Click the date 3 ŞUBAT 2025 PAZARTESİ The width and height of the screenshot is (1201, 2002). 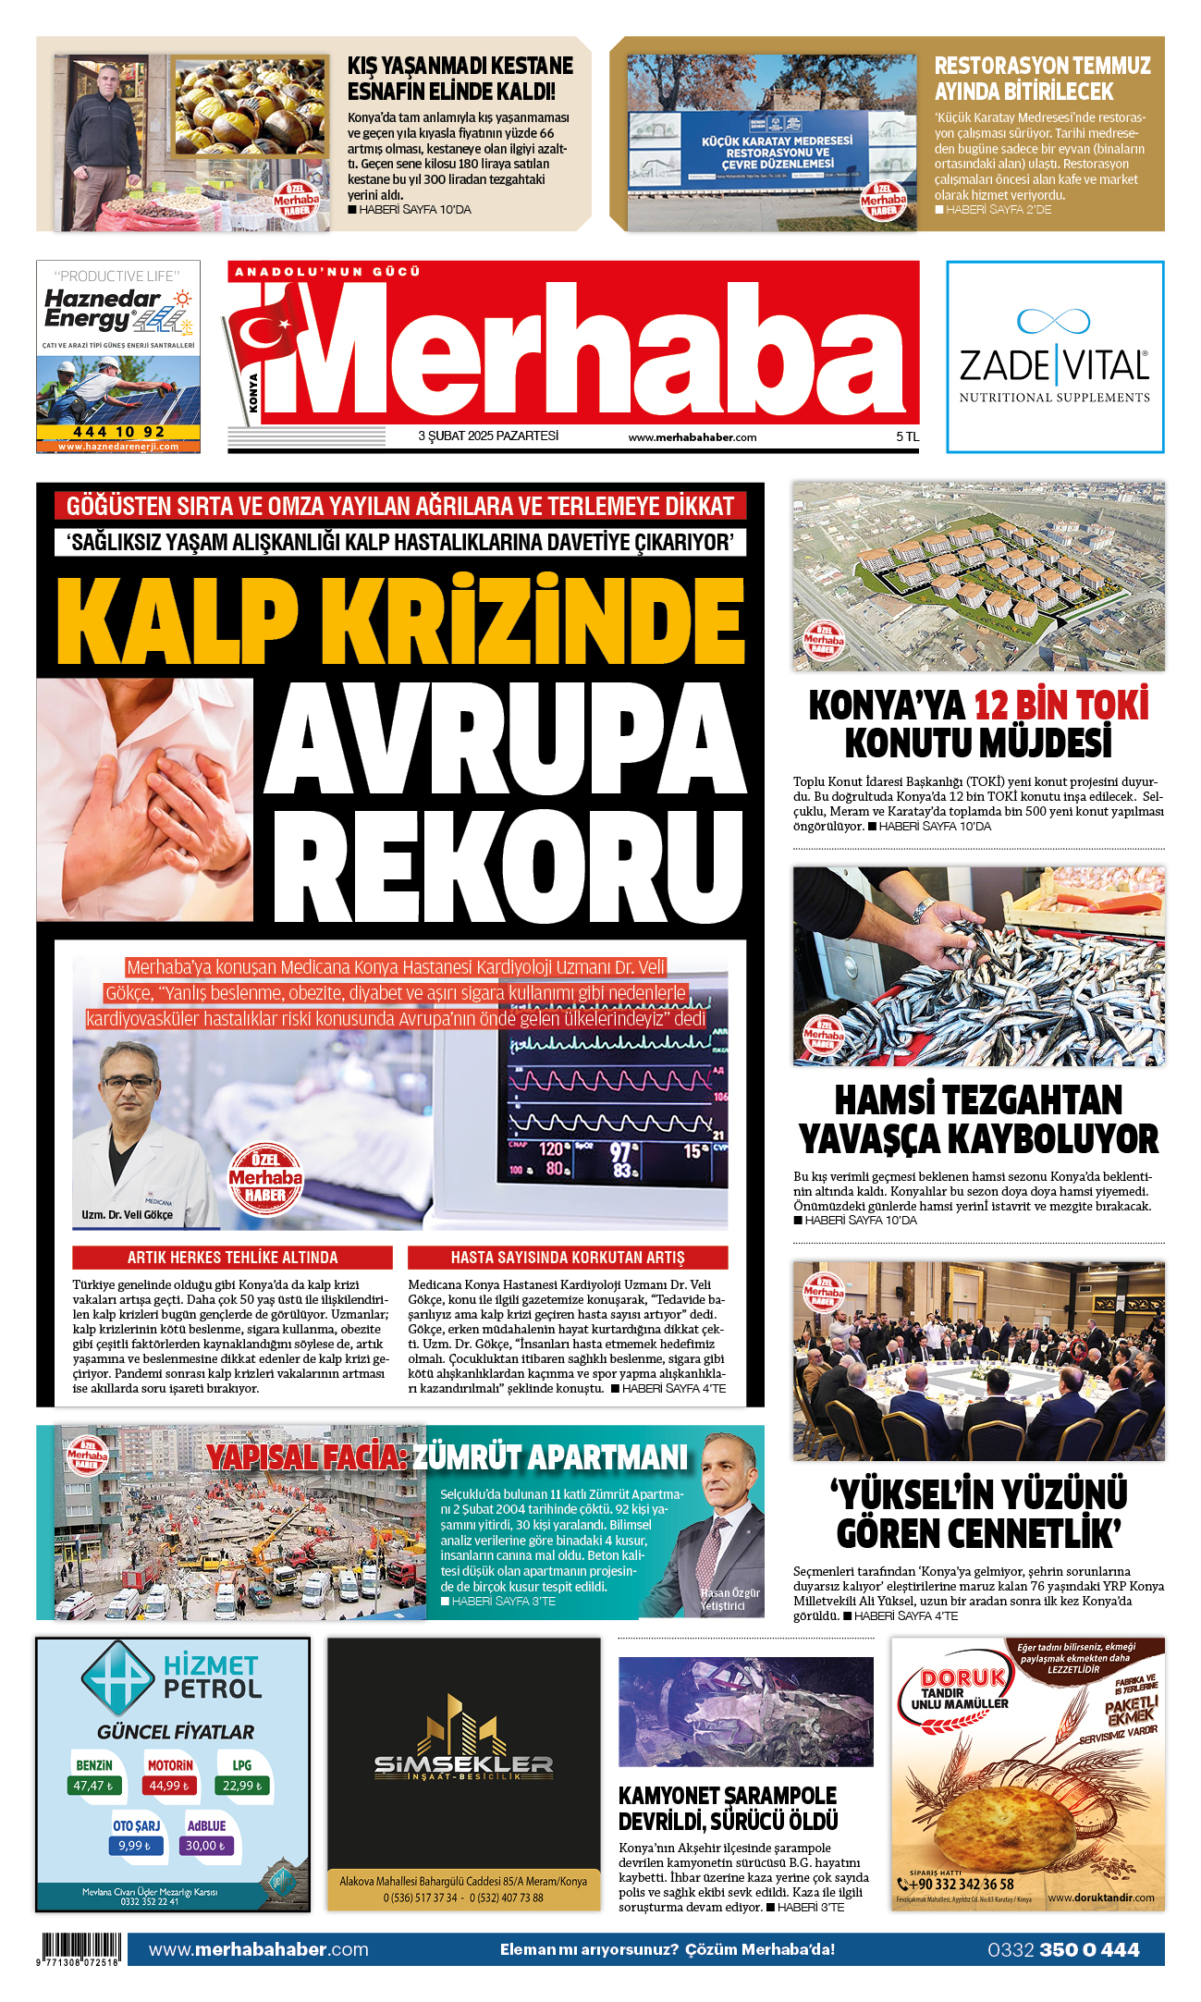488,436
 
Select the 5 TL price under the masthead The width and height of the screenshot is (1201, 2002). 907,437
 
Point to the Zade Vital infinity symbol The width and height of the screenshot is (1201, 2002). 1053,321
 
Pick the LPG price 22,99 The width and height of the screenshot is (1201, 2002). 241,1786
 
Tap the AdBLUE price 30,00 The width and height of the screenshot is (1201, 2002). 205,1846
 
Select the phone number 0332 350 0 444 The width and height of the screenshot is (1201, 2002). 1063,1949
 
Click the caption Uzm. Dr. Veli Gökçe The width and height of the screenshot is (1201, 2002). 127,1215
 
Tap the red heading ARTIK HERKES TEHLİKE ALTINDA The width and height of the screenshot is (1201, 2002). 232,1258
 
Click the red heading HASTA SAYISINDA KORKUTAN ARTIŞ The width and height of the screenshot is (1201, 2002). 567,1258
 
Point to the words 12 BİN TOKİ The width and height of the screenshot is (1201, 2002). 1060,706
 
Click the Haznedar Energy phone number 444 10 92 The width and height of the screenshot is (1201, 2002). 117,432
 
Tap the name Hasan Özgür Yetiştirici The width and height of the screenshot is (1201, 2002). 729,1599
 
